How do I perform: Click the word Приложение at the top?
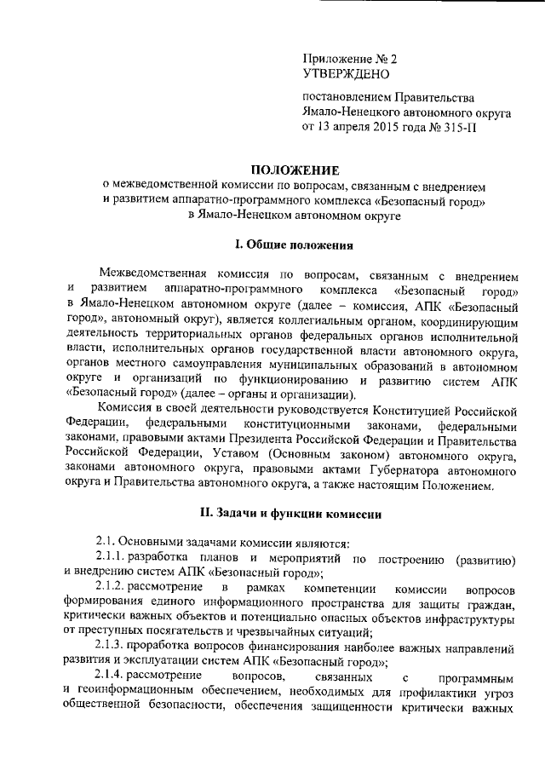coord(336,60)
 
